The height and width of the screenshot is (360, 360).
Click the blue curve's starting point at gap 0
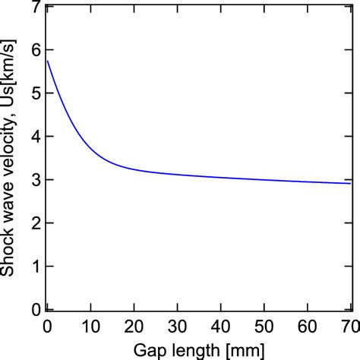[x=48, y=61]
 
